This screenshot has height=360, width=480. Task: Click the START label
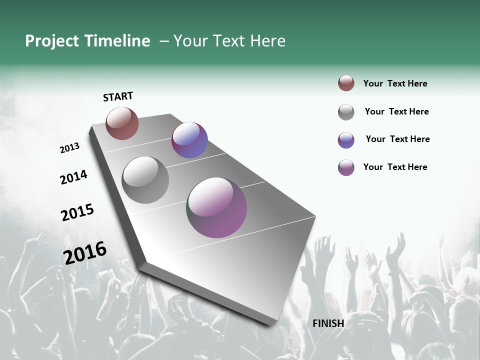coord(118,96)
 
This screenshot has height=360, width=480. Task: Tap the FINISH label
coord(328,323)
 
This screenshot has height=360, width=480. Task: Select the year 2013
coord(70,148)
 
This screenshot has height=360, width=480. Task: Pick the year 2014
coord(73,177)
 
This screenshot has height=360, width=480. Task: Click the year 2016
coord(85,252)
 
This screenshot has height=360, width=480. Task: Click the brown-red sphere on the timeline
coord(122,123)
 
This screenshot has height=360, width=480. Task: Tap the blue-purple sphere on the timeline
coord(189,140)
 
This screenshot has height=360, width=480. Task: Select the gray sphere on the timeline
coord(145,180)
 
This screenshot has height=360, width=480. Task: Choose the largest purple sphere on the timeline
coord(217,207)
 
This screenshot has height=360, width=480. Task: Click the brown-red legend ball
coord(346,83)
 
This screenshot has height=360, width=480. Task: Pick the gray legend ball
coord(346,112)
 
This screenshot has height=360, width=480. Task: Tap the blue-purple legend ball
coord(346,140)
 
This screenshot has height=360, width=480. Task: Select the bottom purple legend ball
coord(346,167)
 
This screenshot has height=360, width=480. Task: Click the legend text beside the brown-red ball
coord(395,83)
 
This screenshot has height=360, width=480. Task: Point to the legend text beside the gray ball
coord(396,111)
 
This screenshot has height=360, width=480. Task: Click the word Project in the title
coord(52,41)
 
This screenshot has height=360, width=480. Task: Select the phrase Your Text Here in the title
coord(229,41)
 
